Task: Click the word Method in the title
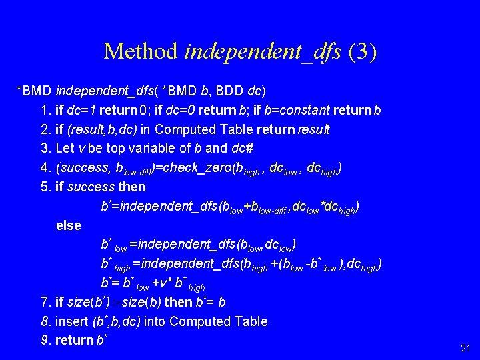(141, 51)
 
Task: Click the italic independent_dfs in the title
(263, 51)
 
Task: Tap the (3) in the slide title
(362, 51)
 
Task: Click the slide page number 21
(465, 348)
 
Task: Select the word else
(69, 225)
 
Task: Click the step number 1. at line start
(46, 109)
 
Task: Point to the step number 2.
(46, 129)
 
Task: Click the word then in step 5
(132, 187)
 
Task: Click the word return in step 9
(75, 341)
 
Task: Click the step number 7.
(46, 302)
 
